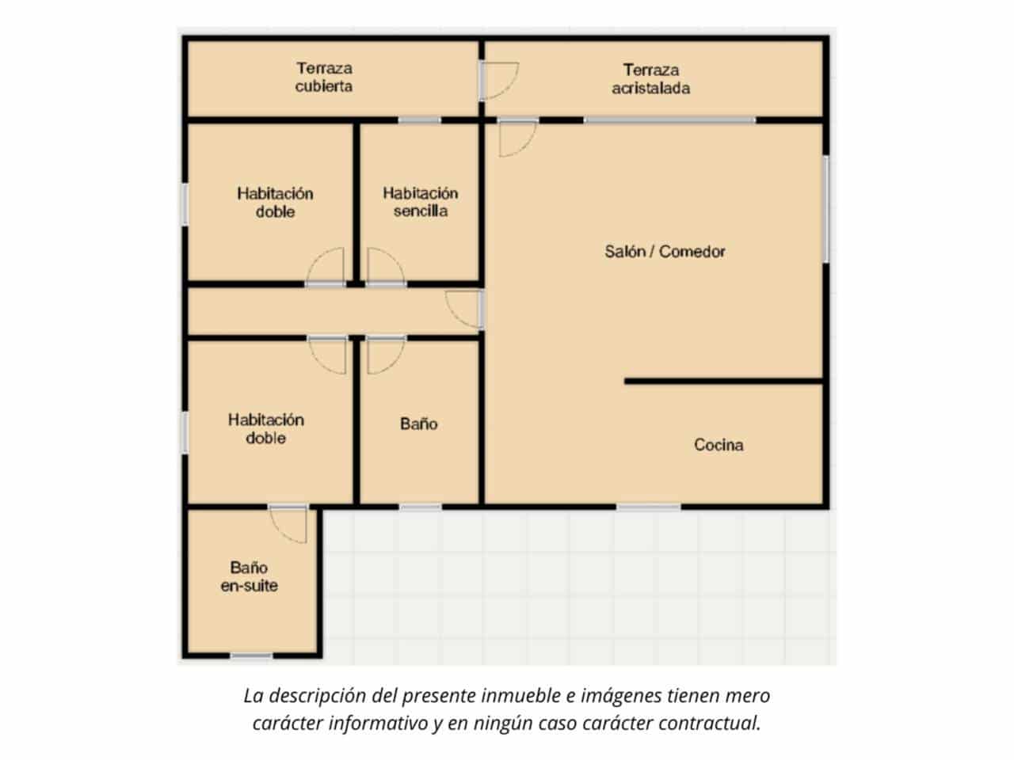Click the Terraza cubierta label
point(324,78)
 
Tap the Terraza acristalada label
point(650,79)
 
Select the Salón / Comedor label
point(665,252)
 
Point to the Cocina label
point(719,445)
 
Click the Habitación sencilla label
point(420,202)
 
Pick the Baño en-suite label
point(249,577)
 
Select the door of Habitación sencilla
point(386,268)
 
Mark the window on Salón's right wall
point(825,208)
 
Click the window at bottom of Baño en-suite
point(251,655)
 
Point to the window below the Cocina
point(649,506)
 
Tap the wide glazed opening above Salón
point(669,120)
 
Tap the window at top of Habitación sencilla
point(419,120)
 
